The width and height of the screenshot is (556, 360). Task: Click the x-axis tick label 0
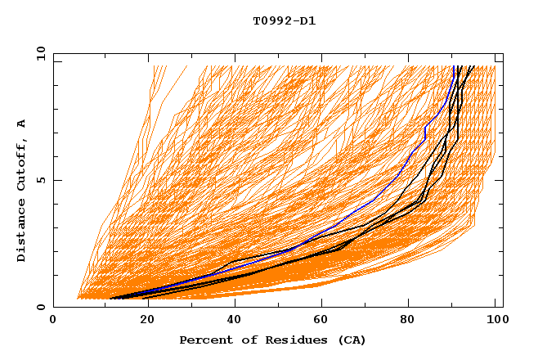click(x=53, y=321)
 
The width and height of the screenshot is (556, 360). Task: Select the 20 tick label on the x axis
click(x=141, y=321)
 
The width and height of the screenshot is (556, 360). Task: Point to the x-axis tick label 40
click(x=231, y=321)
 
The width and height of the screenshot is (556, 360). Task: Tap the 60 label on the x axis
click(x=319, y=321)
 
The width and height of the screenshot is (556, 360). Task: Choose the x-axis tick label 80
click(x=407, y=321)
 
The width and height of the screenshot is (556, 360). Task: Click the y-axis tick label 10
click(x=40, y=53)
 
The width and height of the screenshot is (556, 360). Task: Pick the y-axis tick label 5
click(x=43, y=180)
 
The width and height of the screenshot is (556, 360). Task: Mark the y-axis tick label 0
click(x=43, y=307)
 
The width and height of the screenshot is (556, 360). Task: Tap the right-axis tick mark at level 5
click(x=500, y=180)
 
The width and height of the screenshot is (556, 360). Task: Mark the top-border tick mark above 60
click(x=319, y=56)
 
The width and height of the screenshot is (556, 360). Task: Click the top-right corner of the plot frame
click(x=503, y=53)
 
